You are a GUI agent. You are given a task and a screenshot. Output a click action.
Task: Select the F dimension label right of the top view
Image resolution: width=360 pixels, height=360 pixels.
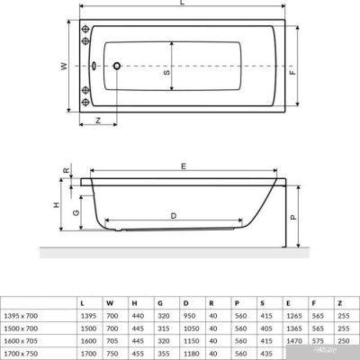(293, 67)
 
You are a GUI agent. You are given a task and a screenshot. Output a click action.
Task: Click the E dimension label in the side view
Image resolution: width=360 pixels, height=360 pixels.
(184, 166)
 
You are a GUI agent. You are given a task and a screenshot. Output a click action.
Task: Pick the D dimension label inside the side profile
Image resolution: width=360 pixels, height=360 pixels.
(173, 215)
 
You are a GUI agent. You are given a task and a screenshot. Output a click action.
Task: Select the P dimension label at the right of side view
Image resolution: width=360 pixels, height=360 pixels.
(293, 216)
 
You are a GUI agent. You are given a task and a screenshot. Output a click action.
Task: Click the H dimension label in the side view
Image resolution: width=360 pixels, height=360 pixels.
(56, 206)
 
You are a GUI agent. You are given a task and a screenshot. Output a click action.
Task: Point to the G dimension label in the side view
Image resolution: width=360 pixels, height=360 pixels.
(76, 213)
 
